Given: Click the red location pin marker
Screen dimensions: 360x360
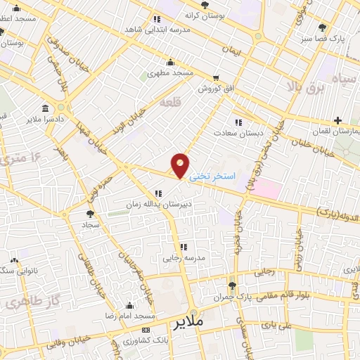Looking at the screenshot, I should (181, 165).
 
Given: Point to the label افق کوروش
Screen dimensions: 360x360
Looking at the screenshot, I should (211, 89).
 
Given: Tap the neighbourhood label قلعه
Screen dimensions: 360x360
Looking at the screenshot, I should (170, 103).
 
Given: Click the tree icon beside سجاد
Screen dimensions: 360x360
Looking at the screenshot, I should (89, 213).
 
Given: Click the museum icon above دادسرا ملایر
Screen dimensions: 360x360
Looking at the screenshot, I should (46, 108).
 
